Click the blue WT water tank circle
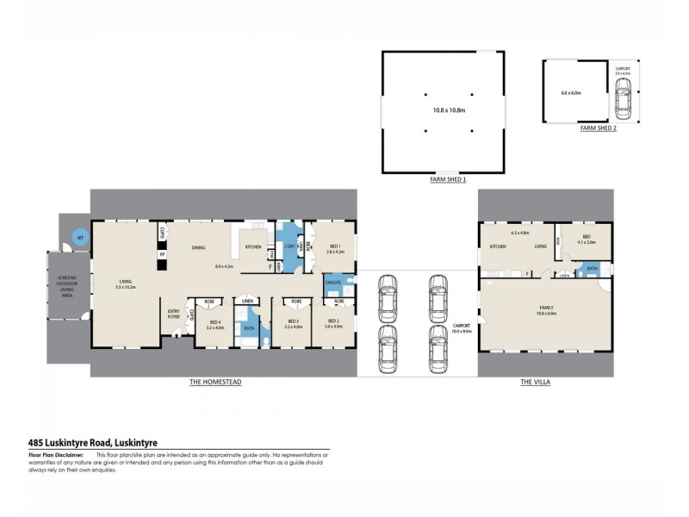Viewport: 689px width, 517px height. point(79,237)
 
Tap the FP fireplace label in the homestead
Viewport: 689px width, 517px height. point(161,255)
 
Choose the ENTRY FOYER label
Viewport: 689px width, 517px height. point(174,315)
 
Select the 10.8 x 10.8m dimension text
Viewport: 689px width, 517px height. point(448,110)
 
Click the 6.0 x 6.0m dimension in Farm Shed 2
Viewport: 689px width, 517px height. point(571,92)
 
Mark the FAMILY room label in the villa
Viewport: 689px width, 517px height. point(545,308)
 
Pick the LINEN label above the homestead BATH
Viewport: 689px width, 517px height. point(247,301)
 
